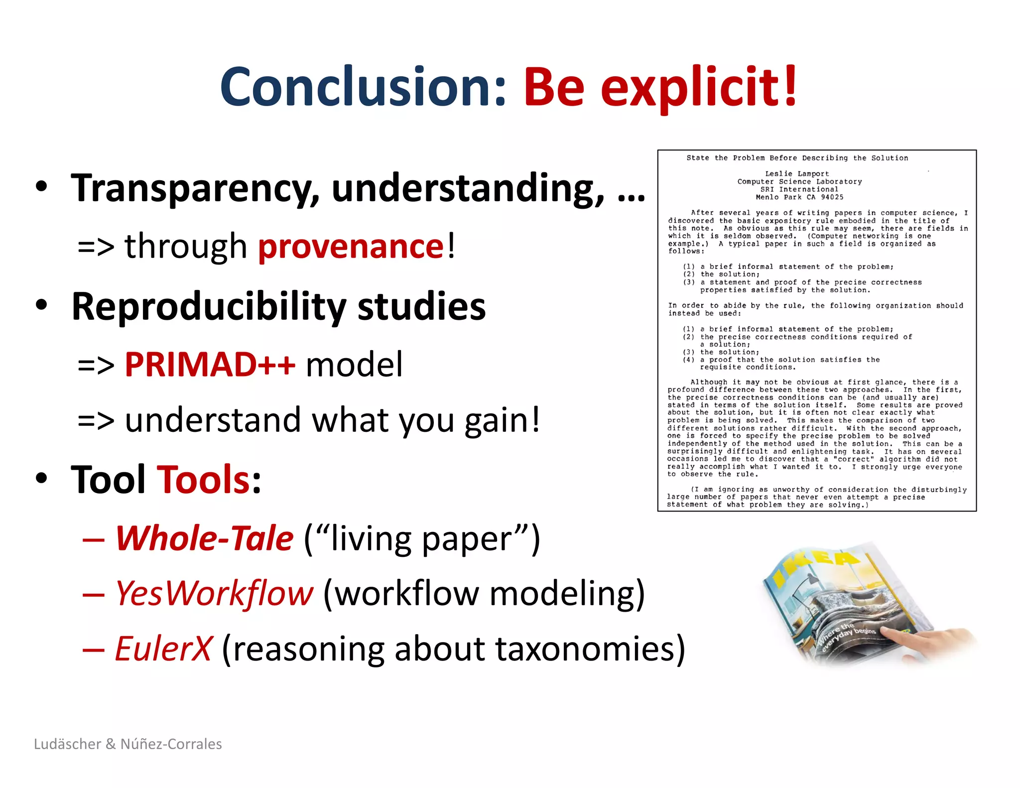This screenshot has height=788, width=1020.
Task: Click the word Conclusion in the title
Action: click(363, 87)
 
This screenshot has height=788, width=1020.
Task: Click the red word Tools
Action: click(204, 479)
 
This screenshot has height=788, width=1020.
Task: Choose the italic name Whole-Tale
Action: click(204, 538)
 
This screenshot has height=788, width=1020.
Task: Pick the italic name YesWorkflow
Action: click(214, 593)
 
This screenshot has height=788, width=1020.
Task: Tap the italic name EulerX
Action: click(163, 649)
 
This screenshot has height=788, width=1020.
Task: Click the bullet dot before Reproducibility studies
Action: click(42, 305)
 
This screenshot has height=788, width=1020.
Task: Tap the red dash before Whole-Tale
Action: click(94, 539)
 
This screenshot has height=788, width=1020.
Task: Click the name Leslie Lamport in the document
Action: click(797, 174)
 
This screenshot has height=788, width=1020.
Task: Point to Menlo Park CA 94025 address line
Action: click(799, 197)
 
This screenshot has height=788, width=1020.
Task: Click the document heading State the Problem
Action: click(797, 158)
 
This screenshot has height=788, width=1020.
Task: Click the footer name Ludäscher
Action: click(68, 744)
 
